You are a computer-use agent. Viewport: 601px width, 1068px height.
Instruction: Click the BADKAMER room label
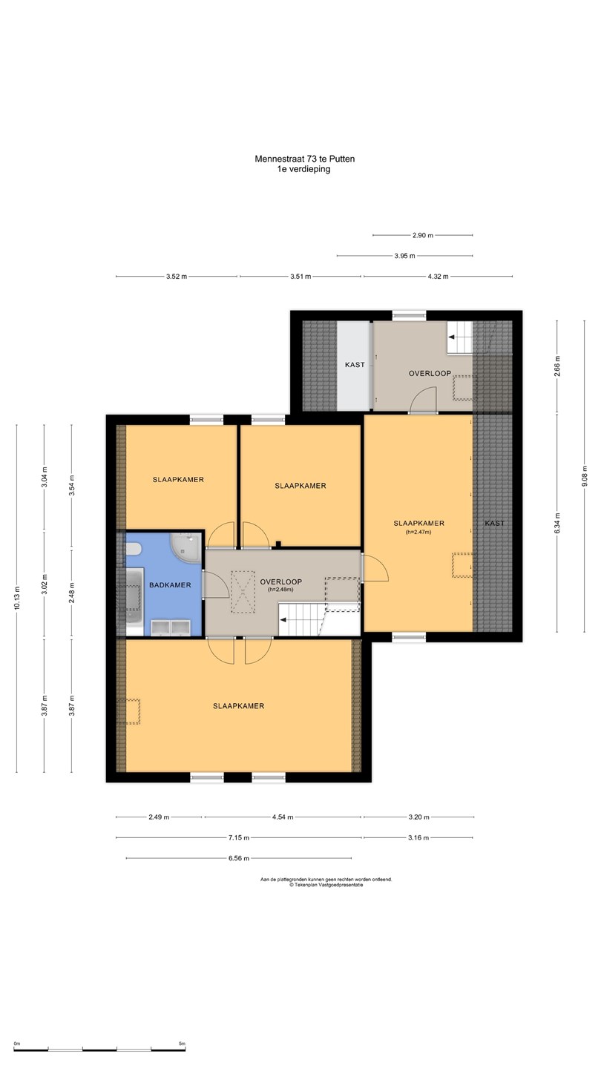click(170, 585)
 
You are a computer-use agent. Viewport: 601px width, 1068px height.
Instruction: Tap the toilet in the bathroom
click(132, 550)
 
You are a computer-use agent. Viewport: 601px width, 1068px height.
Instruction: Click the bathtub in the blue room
click(134, 601)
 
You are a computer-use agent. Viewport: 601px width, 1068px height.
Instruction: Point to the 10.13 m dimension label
click(17, 598)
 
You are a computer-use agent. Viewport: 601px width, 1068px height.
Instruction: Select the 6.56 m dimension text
click(238, 858)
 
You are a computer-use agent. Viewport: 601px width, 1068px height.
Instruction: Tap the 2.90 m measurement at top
click(423, 235)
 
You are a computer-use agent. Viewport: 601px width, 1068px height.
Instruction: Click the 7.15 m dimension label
click(238, 837)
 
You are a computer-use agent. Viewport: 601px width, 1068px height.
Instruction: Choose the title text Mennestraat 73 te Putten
click(304, 159)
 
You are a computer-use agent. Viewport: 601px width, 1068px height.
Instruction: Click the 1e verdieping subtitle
click(304, 169)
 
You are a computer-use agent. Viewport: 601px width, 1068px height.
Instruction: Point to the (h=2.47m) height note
click(418, 532)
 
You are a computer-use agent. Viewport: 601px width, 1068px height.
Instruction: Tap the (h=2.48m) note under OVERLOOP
click(280, 590)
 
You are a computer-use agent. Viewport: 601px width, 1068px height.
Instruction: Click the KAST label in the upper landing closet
click(355, 365)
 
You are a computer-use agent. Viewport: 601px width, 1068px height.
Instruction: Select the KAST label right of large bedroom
click(494, 523)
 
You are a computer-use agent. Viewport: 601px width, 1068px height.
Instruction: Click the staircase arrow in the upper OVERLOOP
click(456, 337)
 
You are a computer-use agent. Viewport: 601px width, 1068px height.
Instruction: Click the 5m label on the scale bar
click(182, 1044)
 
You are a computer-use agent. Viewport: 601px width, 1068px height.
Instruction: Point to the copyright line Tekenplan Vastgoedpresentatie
click(326, 885)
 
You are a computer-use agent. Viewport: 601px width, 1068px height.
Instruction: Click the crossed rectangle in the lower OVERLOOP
click(243, 592)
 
